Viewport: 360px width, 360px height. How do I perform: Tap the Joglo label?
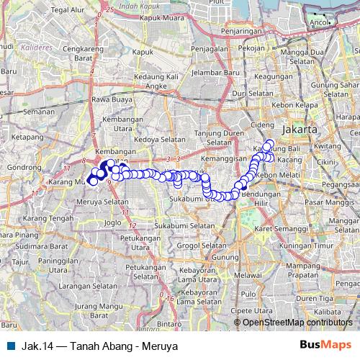click(113, 222)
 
